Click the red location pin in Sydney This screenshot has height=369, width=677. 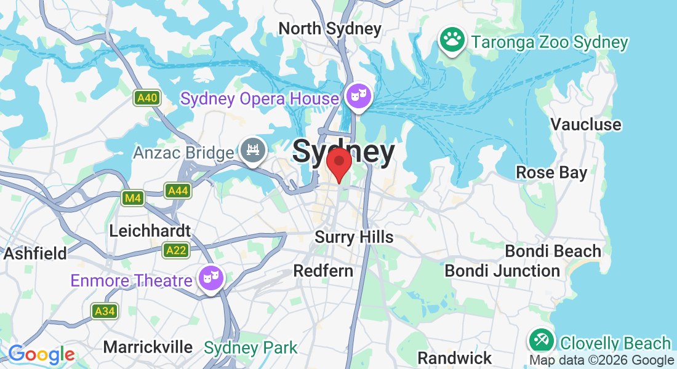pyautogui.click(x=338, y=164)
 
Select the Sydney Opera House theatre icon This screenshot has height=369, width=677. pyautogui.click(x=358, y=97)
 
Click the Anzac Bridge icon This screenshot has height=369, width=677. pyautogui.click(x=252, y=149)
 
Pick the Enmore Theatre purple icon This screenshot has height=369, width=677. pyautogui.click(x=211, y=279)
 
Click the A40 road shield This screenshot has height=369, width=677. pyautogui.click(x=147, y=97)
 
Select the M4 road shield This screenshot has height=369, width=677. pyautogui.click(x=132, y=197)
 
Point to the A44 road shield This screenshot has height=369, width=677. pyautogui.click(x=178, y=191)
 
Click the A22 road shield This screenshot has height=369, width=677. pyautogui.click(x=176, y=250)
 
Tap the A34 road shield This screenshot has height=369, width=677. pyautogui.click(x=105, y=311)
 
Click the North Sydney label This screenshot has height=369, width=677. pyautogui.click(x=330, y=28)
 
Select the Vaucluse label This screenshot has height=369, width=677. pyautogui.click(x=586, y=124)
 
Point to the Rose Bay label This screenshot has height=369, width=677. pyautogui.click(x=551, y=172)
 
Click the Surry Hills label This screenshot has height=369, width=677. pyautogui.click(x=354, y=237)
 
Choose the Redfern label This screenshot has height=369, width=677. pyautogui.click(x=323, y=271)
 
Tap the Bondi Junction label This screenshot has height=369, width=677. pyautogui.click(x=502, y=271)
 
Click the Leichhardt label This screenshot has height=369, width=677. pyautogui.click(x=150, y=231)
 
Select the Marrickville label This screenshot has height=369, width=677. pyautogui.click(x=148, y=347)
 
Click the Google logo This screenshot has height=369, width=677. pyautogui.click(x=41, y=354)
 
